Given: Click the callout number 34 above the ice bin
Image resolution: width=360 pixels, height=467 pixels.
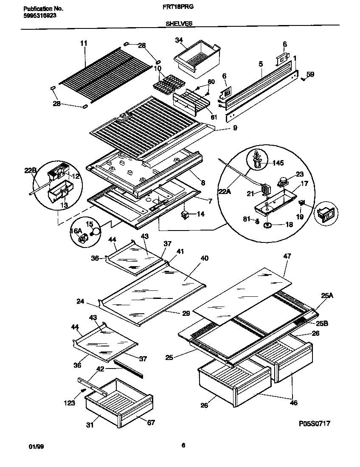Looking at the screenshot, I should (x=179, y=40).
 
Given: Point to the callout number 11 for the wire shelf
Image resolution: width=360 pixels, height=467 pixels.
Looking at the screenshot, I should (x=84, y=43).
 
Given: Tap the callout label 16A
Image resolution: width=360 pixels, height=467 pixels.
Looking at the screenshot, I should (x=76, y=231).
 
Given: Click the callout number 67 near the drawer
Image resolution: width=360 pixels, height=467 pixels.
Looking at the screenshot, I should (x=151, y=422).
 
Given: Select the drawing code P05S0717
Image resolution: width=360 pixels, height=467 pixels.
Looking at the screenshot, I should (x=315, y=423).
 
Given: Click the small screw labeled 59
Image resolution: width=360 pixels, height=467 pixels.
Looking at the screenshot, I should (x=303, y=79).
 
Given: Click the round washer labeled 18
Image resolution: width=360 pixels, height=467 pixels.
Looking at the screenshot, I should (x=268, y=225).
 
